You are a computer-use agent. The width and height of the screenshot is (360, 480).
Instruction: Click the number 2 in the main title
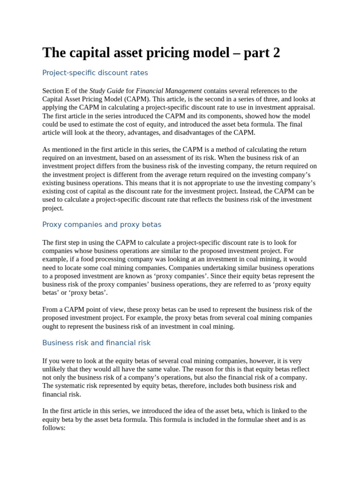click(x=276, y=53)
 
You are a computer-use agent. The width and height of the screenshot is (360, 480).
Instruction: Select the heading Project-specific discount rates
click(x=95, y=73)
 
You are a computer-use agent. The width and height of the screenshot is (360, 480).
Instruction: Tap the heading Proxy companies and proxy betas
click(x=102, y=225)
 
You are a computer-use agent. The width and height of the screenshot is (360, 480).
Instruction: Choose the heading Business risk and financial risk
click(x=97, y=343)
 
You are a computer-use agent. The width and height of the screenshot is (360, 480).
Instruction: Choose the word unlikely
click(x=52, y=369)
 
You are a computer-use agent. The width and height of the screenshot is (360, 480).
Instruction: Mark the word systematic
click(x=70, y=386)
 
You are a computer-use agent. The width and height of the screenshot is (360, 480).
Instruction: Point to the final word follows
click(x=53, y=428)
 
